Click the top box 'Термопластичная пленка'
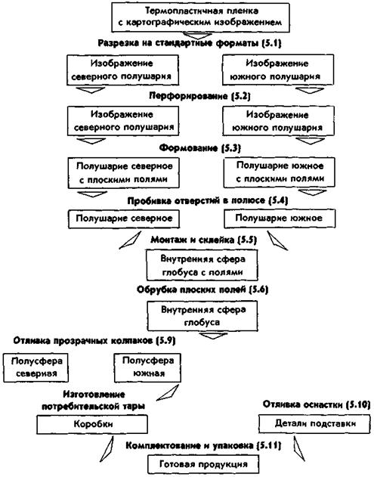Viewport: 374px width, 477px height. point(200,17)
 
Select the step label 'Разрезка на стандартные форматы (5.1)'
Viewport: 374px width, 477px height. point(190,43)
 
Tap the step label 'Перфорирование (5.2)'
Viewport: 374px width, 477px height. point(199,96)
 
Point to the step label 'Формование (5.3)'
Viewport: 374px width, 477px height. point(200,148)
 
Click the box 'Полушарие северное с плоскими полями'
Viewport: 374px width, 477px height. point(123,172)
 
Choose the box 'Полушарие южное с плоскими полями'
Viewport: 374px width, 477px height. point(279,172)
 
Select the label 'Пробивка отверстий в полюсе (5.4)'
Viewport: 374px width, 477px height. point(207,201)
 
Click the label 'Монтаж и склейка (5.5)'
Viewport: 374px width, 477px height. point(204,240)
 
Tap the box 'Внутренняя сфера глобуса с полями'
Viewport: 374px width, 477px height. point(202,265)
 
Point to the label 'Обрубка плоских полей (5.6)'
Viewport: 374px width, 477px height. point(202,290)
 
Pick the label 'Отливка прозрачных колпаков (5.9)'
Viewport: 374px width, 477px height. point(94,340)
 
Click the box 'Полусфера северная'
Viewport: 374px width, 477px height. point(36,367)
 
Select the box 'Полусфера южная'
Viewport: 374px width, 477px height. point(147,367)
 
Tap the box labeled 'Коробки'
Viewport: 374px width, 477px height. point(92,424)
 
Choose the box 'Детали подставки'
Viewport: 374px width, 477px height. point(315,423)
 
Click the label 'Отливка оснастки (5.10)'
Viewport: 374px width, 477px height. point(317,404)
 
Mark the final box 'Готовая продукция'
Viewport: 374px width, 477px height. point(203,464)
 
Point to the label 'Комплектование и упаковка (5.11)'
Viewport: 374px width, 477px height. point(203,446)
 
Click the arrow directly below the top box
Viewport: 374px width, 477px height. point(200,35)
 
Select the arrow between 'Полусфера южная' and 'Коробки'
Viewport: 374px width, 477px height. point(168,393)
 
